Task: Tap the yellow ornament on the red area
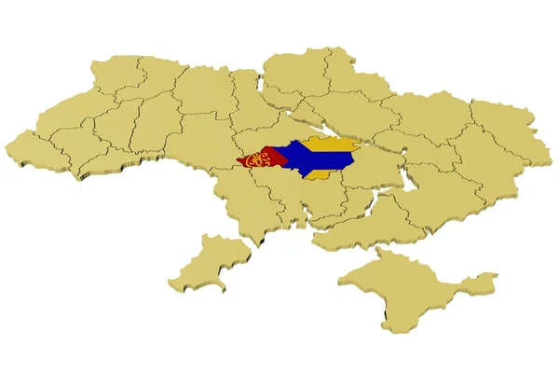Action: pos(254,161)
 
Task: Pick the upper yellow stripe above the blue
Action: pos(331,144)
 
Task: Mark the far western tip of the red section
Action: pos(239,162)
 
